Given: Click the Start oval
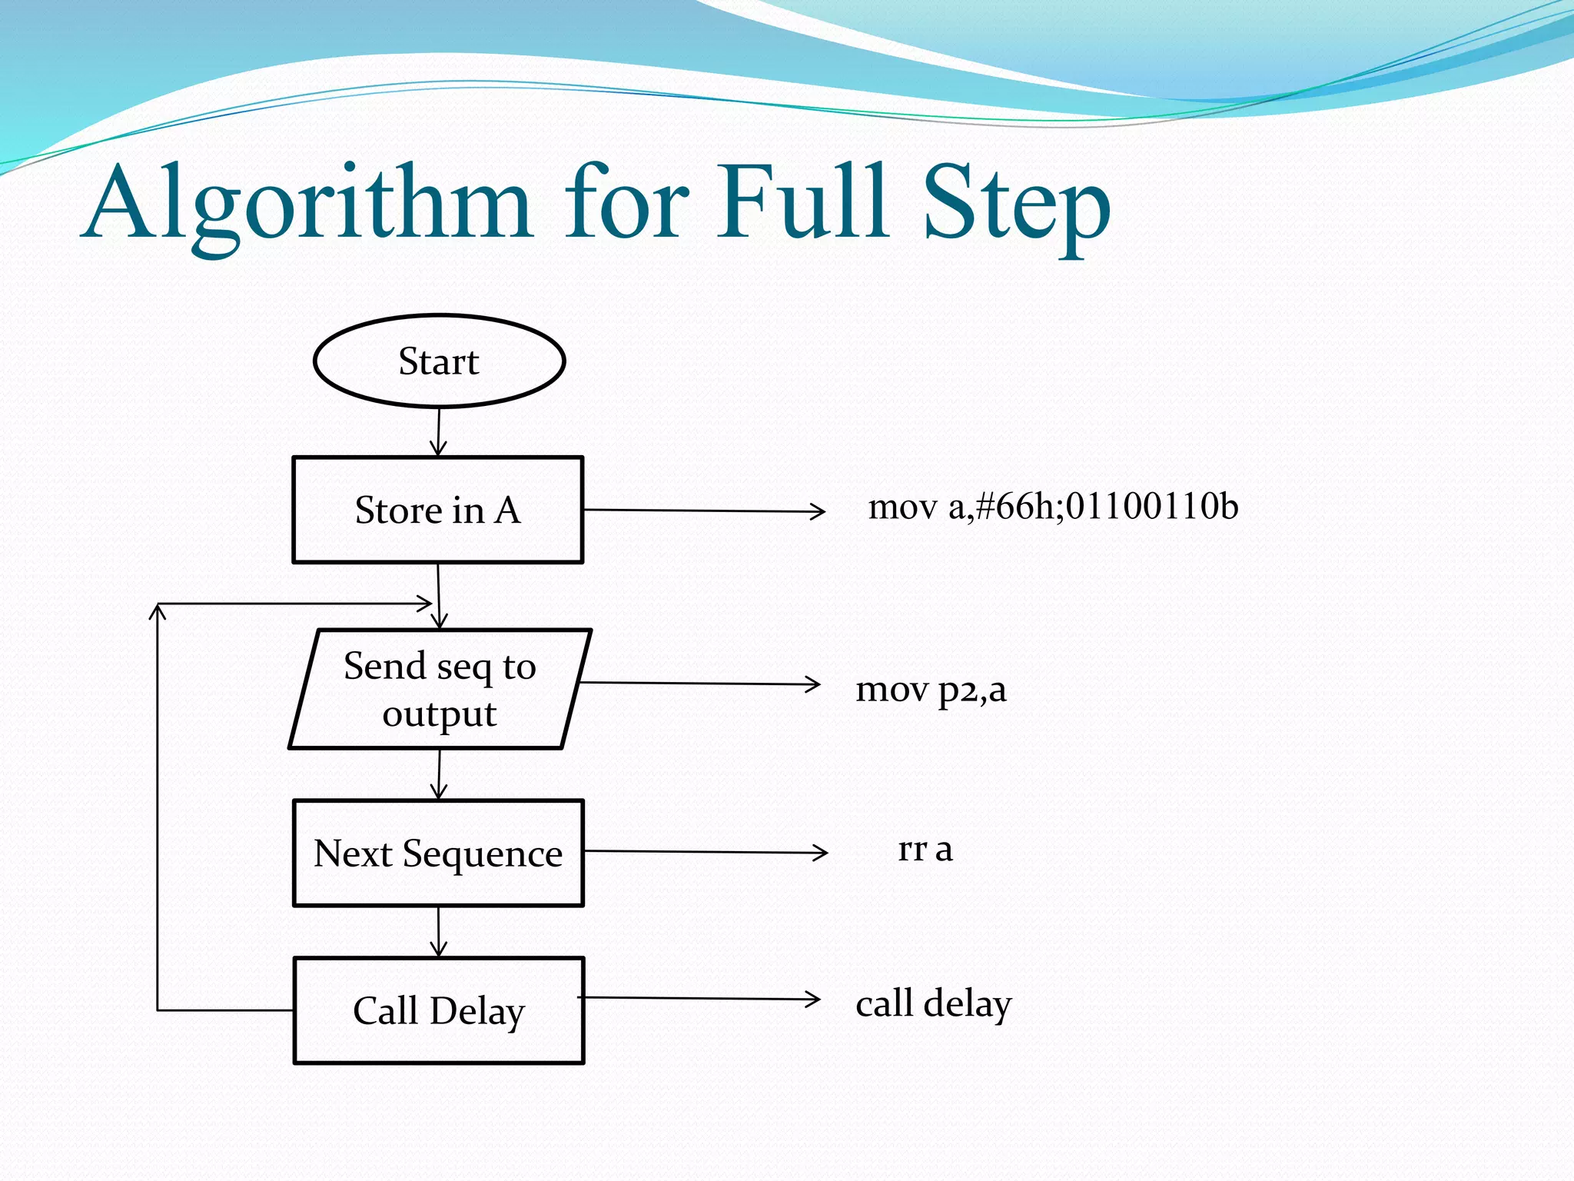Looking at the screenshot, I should pyautogui.click(x=439, y=361).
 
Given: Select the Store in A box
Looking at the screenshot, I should pyautogui.click(x=438, y=510).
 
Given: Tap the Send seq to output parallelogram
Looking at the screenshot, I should pyautogui.click(x=440, y=689).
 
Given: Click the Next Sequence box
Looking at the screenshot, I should pyautogui.click(x=438, y=853).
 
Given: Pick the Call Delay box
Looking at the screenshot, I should pyautogui.click(x=439, y=1010).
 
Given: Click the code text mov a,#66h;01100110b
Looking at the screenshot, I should pyautogui.click(x=1053, y=507).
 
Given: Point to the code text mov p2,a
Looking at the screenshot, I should pyautogui.click(x=931, y=689).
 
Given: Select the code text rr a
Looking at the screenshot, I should pyautogui.click(x=925, y=849).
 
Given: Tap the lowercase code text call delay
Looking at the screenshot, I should pyautogui.click(x=934, y=1003).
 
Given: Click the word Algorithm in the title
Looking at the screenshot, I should pyautogui.click(x=307, y=204).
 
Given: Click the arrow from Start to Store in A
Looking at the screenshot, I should pyautogui.click(x=439, y=432).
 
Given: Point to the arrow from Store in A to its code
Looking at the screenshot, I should pyautogui.click(x=703, y=511).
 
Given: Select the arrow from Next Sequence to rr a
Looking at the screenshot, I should pyautogui.click(x=705, y=852).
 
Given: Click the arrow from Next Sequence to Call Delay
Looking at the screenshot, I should pyautogui.click(x=439, y=932).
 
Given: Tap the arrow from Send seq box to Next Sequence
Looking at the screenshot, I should pyautogui.click(x=440, y=774).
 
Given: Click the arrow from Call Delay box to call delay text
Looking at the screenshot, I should pyautogui.click(x=699, y=999).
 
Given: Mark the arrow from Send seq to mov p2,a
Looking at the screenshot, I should pyautogui.click(x=699, y=684).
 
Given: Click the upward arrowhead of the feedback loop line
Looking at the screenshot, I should pyautogui.click(x=158, y=610).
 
